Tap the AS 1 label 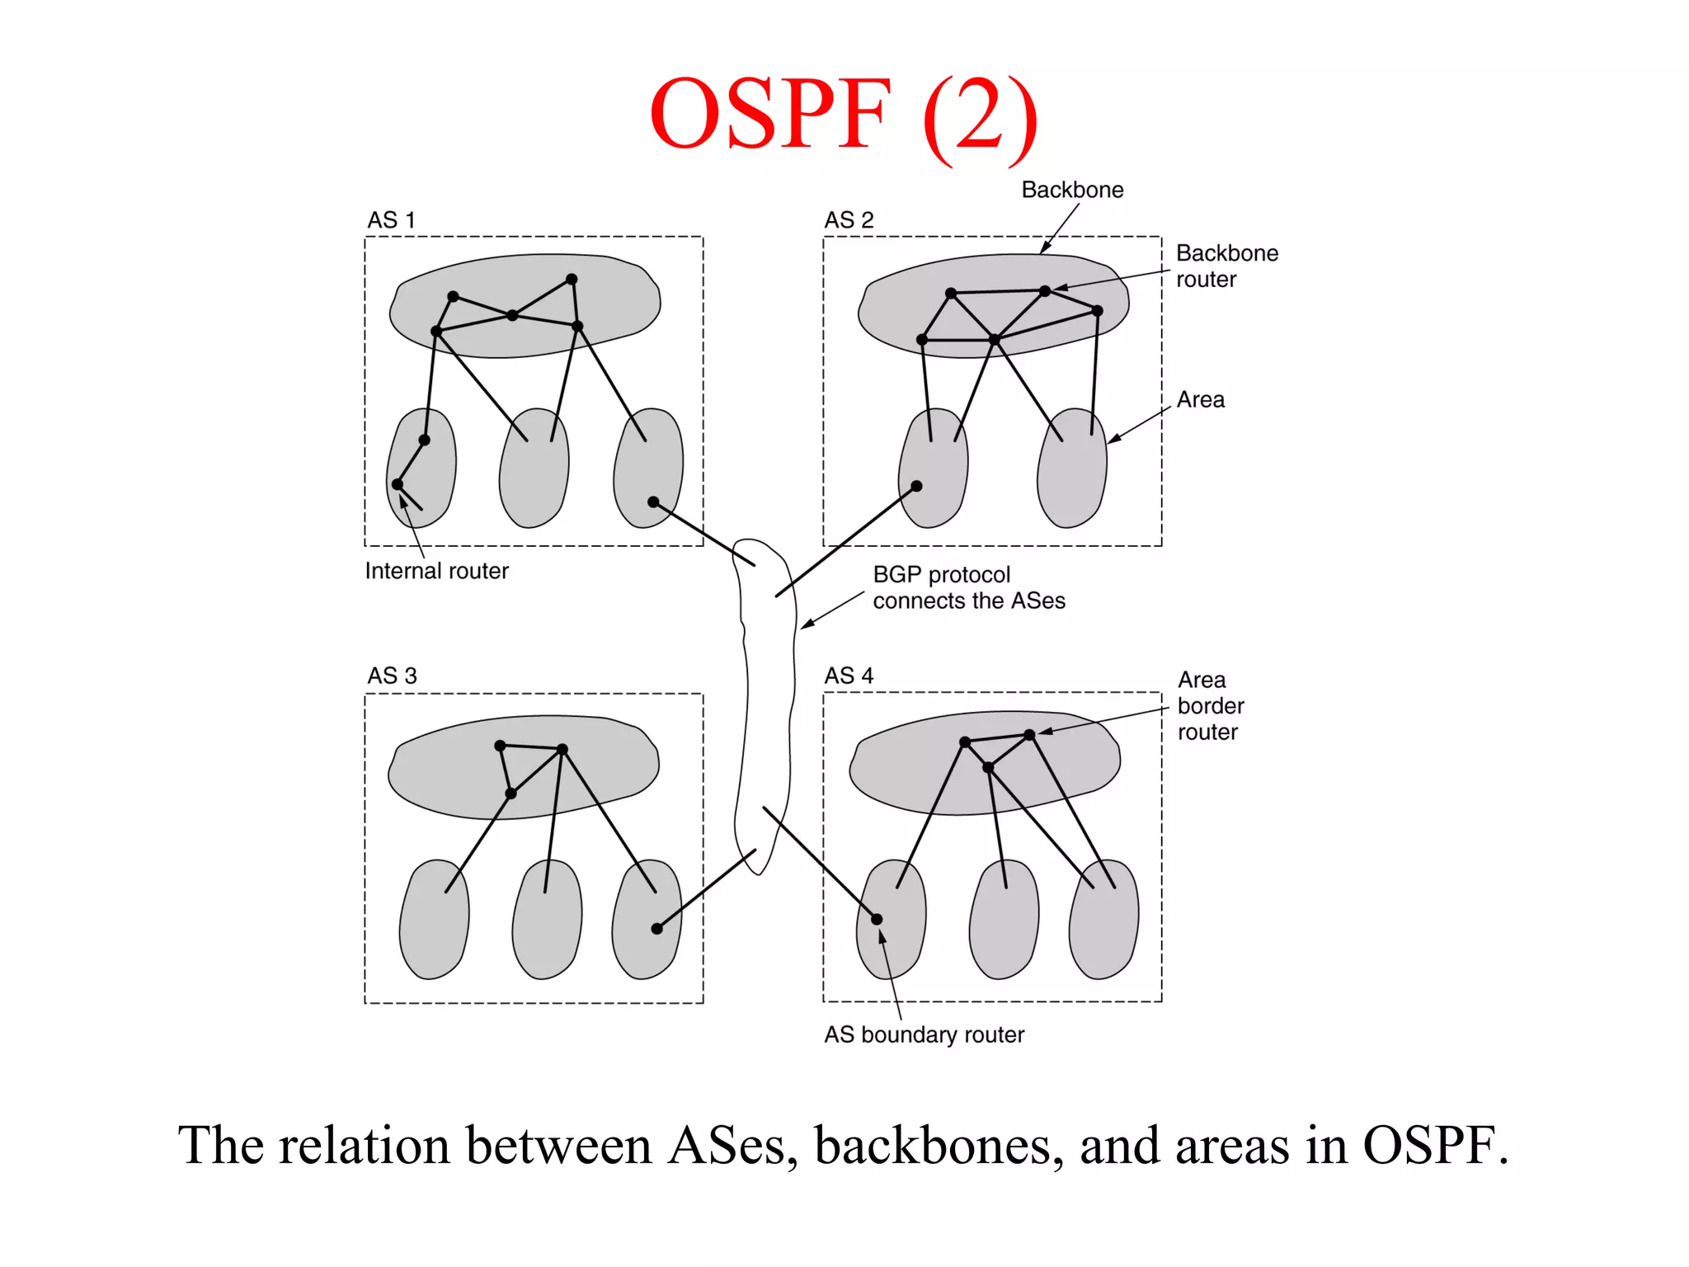coord(391,220)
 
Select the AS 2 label coord(849,220)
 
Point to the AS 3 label coord(392,676)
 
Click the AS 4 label coord(849,676)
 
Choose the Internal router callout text coord(436,571)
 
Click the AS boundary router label coord(924,1034)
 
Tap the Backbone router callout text coord(1226,266)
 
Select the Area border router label coord(1210,706)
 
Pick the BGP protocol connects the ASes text coord(968,587)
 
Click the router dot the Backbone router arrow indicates coord(1045,290)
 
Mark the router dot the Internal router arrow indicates coord(398,484)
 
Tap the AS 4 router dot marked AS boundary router coord(877,919)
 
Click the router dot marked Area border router coord(1029,734)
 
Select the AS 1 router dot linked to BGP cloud coord(653,502)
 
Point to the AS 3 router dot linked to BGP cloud coord(657,929)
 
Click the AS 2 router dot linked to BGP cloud coord(916,486)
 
